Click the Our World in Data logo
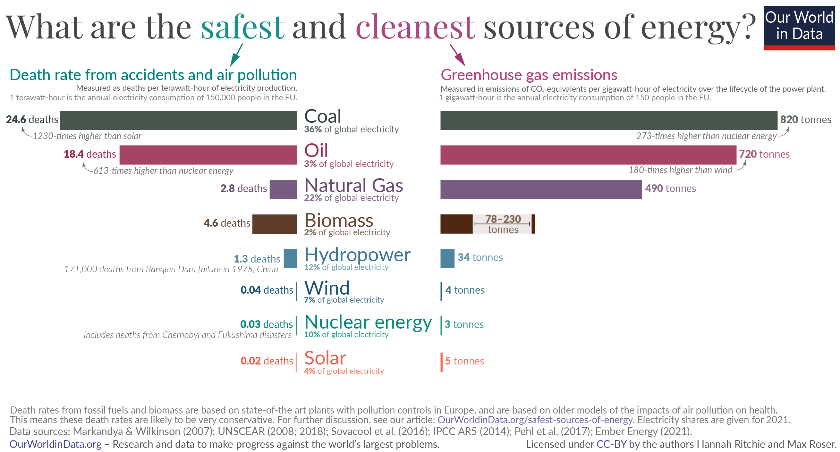tap(799, 28)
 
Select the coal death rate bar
tap(178, 120)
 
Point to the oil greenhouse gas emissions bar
tap(588, 155)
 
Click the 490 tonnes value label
tap(670, 188)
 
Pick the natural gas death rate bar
tap(283, 189)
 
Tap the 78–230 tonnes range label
tap(503, 224)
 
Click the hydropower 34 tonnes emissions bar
tap(447, 258)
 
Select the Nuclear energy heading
tap(368, 322)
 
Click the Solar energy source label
tap(325, 358)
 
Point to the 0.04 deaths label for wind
tap(267, 290)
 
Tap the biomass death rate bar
tap(274, 224)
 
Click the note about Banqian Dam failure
tap(171, 269)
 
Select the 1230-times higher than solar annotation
tap(87, 136)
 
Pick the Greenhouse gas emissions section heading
tap(529, 75)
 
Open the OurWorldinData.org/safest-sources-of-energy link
tap(535, 420)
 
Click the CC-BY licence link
tap(611, 444)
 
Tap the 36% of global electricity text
tap(351, 130)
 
